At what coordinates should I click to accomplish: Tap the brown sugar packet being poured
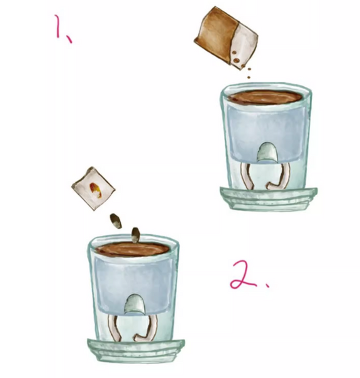[x=226, y=38]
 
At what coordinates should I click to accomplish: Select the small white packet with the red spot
[x=93, y=188]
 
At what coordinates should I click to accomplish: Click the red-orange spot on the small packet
[x=96, y=190]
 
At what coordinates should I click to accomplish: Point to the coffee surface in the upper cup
[x=265, y=97]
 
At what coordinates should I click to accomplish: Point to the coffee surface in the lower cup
[x=132, y=249]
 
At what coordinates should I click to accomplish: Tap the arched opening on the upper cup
[x=267, y=152]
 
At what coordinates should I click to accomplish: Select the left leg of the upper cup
[x=246, y=176]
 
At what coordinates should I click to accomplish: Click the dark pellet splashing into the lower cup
[x=135, y=235]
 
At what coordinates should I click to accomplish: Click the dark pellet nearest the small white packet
[x=116, y=221]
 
